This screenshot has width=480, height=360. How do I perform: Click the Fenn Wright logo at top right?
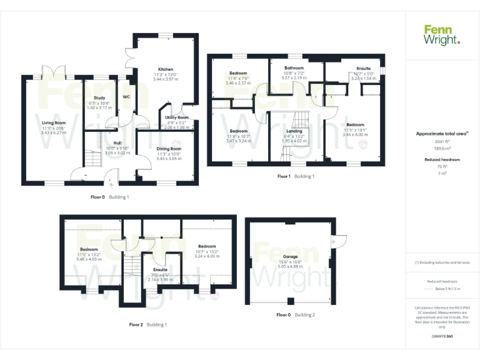[442, 34]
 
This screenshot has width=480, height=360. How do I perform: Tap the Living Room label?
[54, 123]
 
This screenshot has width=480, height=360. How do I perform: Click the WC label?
[126, 97]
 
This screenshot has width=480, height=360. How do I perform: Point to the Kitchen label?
[166, 69]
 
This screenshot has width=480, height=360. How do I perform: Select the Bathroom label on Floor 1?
[294, 68]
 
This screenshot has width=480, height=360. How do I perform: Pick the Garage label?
[290, 257]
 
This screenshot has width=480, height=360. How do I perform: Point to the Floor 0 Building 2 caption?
[296, 314]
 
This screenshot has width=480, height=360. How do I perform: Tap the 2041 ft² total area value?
[442, 142]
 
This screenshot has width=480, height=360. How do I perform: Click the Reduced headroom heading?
[442, 160]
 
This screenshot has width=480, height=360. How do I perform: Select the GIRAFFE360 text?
[442, 337]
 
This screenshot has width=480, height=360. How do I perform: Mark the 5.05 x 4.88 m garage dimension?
[290, 267]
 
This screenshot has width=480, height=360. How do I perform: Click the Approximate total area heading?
[441, 134]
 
